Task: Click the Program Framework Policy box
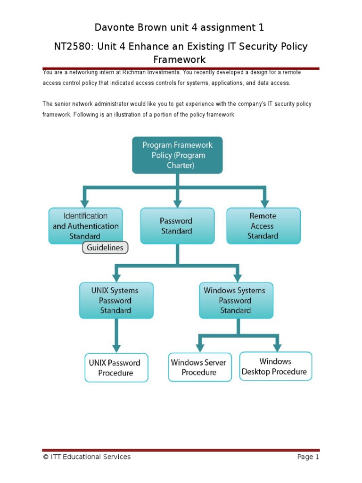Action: (177, 155)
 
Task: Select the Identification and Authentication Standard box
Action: (85, 225)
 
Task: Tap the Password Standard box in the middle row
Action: (177, 226)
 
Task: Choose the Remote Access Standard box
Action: (263, 226)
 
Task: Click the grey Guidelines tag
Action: (105, 248)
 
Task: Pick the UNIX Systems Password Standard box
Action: (115, 300)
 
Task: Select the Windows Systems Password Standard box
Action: (236, 300)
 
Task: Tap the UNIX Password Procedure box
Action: (115, 367)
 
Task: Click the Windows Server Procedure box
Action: (199, 367)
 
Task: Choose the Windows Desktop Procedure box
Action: (275, 366)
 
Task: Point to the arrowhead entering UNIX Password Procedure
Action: (116, 348)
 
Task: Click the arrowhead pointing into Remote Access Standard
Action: (264, 203)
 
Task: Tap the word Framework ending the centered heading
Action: (180, 59)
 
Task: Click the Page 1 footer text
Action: (308, 457)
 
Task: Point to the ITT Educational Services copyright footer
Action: (87, 457)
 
